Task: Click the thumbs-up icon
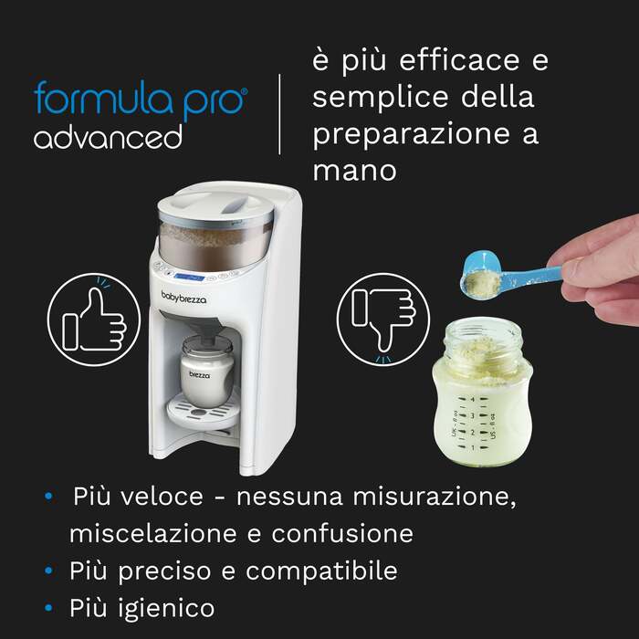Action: point(94,319)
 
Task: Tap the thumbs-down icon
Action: point(383,319)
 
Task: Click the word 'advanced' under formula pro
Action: point(108,137)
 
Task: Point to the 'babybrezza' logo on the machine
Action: point(183,297)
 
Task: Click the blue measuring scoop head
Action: point(481,276)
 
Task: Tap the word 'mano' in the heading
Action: point(354,171)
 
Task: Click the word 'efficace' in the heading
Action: point(459,59)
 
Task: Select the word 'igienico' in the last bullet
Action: point(166,608)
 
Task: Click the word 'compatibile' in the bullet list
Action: point(321,571)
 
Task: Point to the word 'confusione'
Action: point(342,533)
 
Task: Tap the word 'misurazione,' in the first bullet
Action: point(434,497)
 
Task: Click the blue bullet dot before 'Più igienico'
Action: point(49,608)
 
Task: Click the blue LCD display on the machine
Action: point(189,278)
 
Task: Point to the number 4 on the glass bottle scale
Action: point(473,400)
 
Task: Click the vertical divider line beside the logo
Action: point(279,114)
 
